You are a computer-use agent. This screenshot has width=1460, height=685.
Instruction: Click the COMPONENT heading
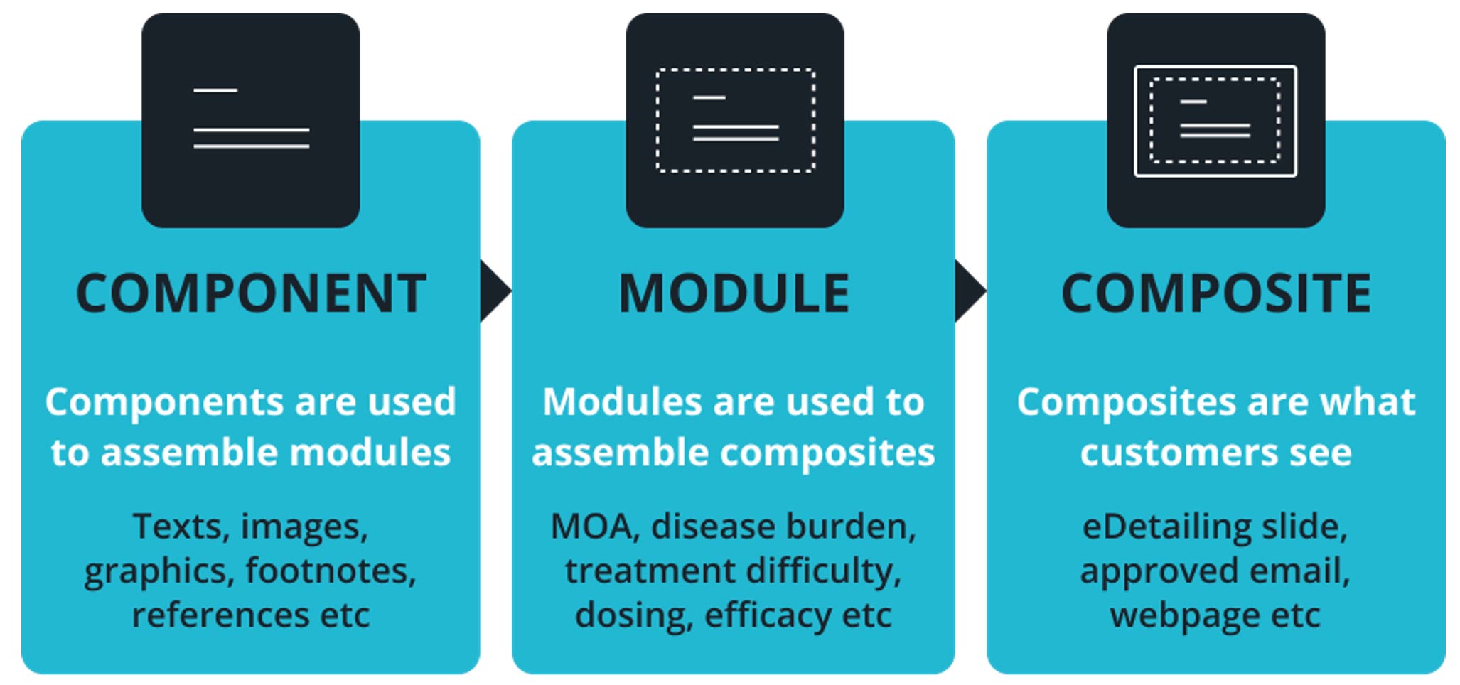(251, 293)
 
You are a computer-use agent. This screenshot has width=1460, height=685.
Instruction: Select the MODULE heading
(734, 293)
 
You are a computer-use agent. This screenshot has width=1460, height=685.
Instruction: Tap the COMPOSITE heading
(1216, 293)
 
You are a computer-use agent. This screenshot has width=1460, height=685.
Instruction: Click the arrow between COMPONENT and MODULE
(495, 291)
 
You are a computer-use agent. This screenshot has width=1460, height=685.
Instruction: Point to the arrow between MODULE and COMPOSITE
(970, 291)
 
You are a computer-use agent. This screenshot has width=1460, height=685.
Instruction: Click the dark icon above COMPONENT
(251, 120)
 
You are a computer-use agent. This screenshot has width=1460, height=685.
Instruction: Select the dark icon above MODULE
(735, 120)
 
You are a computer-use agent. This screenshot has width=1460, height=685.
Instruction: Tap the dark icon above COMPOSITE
(1216, 120)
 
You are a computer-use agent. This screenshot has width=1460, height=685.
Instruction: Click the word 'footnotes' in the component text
(331, 571)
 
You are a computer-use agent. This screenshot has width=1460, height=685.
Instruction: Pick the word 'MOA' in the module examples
(591, 527)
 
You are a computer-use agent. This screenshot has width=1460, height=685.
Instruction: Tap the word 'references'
(220, 615)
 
